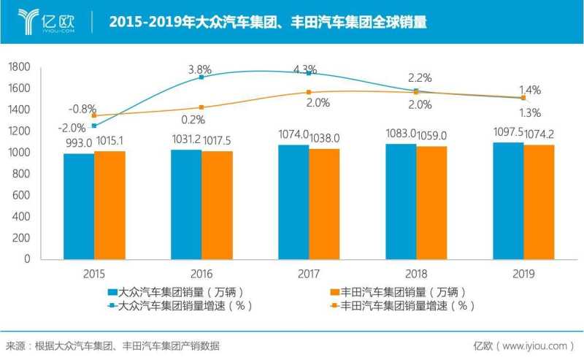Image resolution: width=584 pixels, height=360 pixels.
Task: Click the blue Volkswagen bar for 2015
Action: pos(79,206)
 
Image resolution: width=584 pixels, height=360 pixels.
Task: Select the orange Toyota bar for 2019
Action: pos(539,202)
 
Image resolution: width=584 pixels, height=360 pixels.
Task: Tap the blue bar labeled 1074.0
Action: pos(293,202)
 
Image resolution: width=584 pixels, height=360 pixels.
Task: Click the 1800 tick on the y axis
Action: pos(19,67)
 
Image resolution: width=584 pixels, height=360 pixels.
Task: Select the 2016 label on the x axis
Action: pos(201,275)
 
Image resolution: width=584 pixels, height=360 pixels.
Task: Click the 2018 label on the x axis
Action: pos(416,275)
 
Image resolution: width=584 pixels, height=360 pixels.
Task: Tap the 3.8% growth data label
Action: pos(200,70)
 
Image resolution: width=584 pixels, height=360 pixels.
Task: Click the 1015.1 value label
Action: pos(109,142)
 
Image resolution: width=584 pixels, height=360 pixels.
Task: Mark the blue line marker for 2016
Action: pos(201,77)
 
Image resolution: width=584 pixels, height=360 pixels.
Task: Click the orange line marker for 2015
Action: pos(94,115)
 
